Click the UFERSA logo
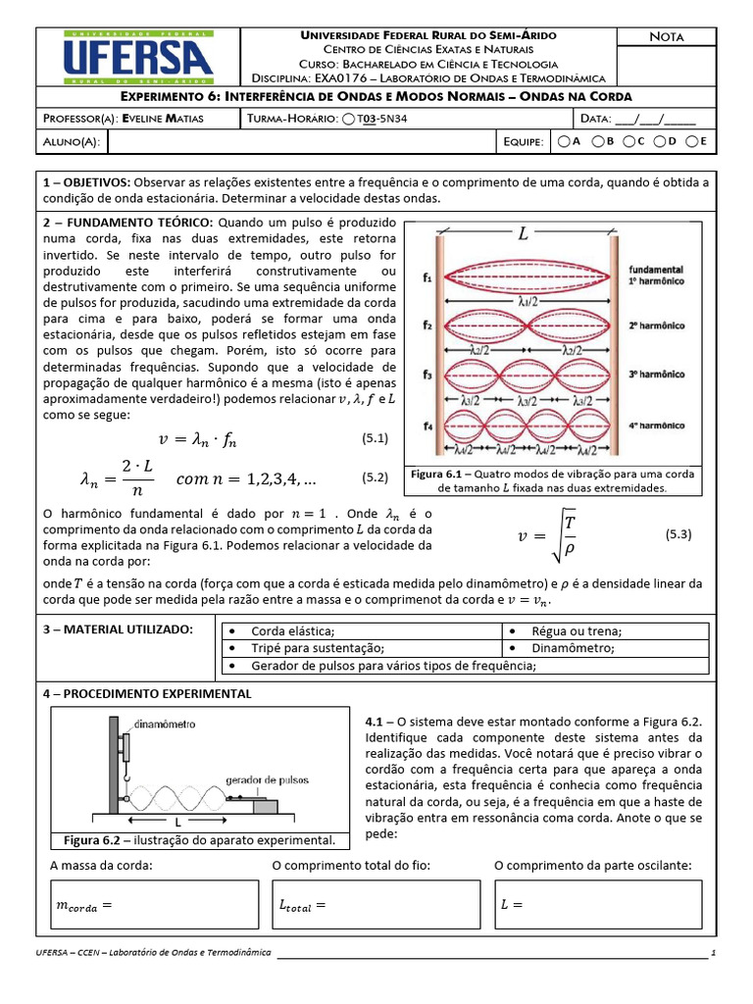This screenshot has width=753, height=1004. coord(137,57)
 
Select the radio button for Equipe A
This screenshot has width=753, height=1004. coord(564,142)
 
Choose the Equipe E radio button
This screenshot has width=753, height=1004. coord(692,142)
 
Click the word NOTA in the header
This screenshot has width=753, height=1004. coord(667,37)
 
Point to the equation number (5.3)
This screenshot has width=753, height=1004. coord(678,534)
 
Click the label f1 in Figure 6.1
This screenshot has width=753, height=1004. coord(427,278)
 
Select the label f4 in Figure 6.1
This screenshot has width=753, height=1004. coord(427,426)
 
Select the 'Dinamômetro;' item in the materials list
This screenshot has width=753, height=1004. coord(574,648)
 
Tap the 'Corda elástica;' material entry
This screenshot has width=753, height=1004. coord(293,631)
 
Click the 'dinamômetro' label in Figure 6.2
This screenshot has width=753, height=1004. coord(163,724)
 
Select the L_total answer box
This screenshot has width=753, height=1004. coord(374,904)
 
